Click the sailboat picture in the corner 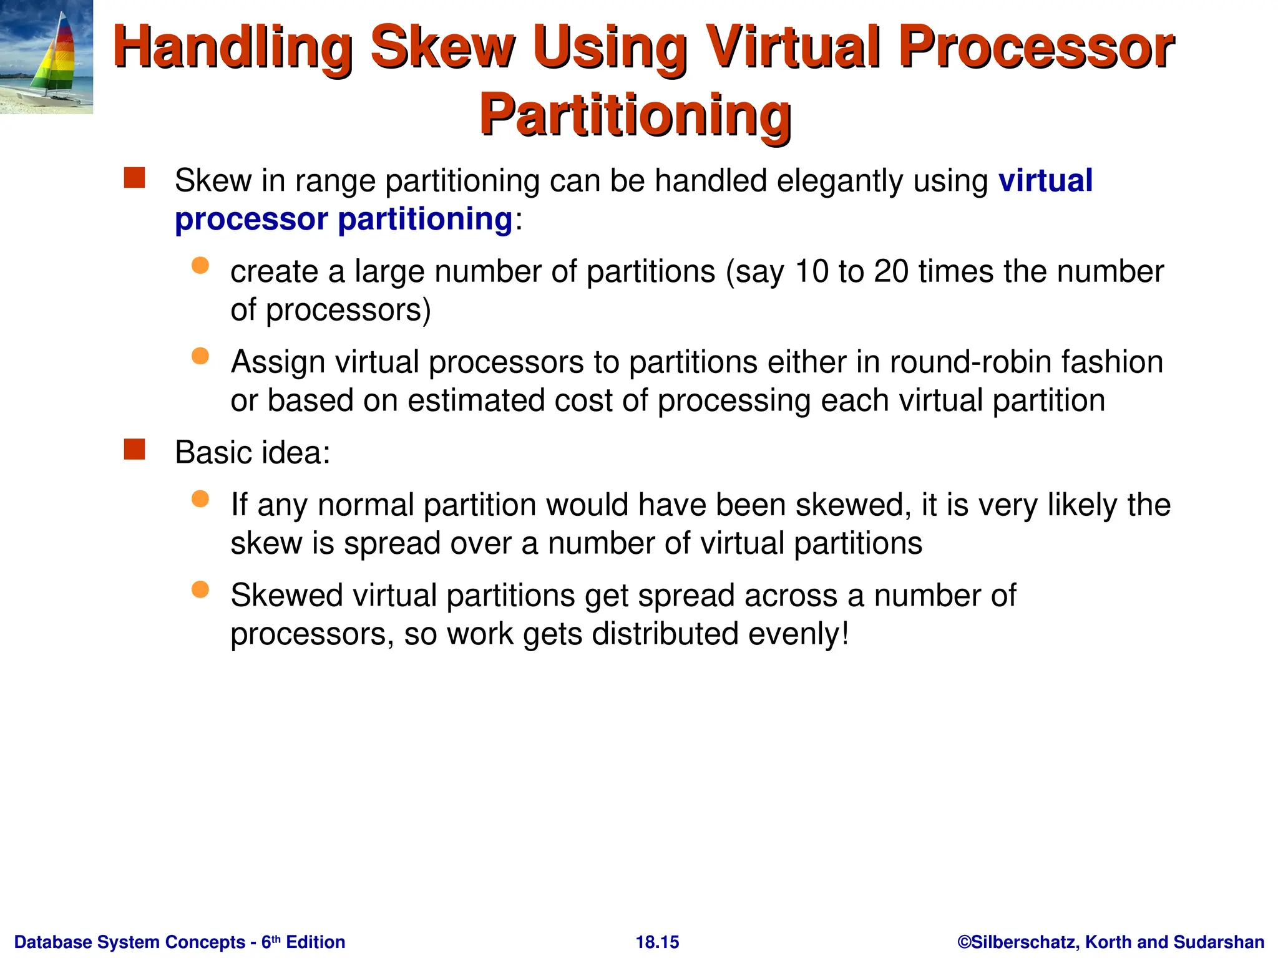tap(46, 57)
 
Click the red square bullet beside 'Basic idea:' tap(134, 449)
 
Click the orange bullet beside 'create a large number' tap(200, 266)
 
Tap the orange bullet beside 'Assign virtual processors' tap(200, 356)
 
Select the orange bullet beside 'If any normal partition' tap(200, 499)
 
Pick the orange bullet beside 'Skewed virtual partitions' tap(200, 589)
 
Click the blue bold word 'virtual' tap(1045, 181)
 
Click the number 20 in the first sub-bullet tap(890, 272)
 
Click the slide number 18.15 tap(657, 942)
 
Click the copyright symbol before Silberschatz tap(964, 942)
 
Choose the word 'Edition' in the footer tap(315, 942)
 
